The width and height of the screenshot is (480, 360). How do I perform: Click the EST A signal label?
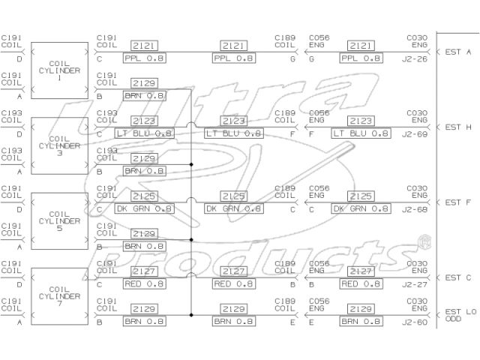[x=457, y=52]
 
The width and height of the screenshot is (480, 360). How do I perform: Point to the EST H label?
[x=457, y=127]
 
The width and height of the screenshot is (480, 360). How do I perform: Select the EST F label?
[x=457, y=202]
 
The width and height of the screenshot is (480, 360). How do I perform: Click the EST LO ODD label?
[x=458, y=316]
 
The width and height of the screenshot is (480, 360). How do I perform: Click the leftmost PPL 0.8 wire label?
[x=145, y=58]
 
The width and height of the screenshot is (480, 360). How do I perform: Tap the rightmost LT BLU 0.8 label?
[x=361, y=133]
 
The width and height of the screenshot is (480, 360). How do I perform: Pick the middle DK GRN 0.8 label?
[x=234, y=208]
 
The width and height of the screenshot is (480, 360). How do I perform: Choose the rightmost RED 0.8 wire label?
[x=361, y=283]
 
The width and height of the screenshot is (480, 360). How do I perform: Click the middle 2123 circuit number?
[x=234, y=121]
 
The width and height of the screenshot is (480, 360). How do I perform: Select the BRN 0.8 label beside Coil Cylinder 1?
[x=145, y=96]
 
